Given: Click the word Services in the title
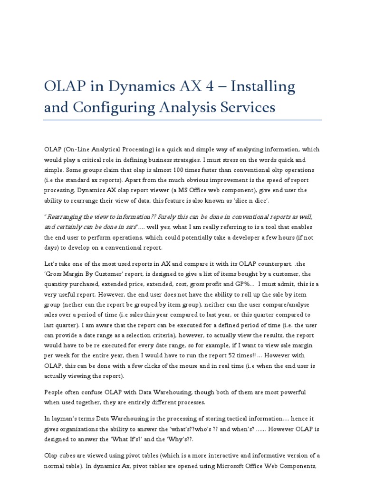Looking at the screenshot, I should point(245,108).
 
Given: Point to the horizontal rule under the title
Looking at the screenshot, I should point(182,120).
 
